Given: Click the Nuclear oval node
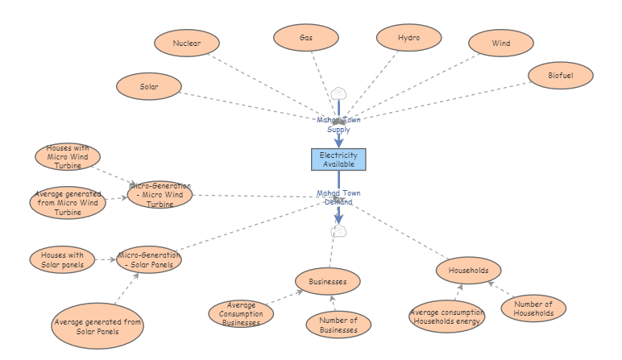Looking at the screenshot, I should click(x=187, y=43).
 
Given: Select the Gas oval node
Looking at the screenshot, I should click(x=305, y=38).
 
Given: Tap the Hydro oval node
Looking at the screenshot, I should click(x=408, y=38).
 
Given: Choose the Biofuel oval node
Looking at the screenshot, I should click(x=561, y=75).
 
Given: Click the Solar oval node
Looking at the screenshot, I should click(x=149, y=85).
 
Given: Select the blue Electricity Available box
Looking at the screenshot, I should click(x=338, y=159).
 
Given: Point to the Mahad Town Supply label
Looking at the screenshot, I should click(x=338, y=124).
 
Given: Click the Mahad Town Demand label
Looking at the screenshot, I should click(x=338, y=197).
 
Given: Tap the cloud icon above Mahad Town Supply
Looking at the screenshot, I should click(x=338, y=94).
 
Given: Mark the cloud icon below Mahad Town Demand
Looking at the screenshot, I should click(x=339, y=231).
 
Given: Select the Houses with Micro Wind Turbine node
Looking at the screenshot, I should click(x=68, y=157).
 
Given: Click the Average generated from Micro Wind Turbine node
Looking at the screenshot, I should click(x=68, y=203).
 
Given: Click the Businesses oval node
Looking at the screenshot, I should click(x=327, y=282).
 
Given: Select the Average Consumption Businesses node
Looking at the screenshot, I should click(x=242, y=314).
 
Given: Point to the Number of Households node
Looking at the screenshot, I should click(x=533, y=308).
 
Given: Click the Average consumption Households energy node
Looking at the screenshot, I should click(x=446, y=317).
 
